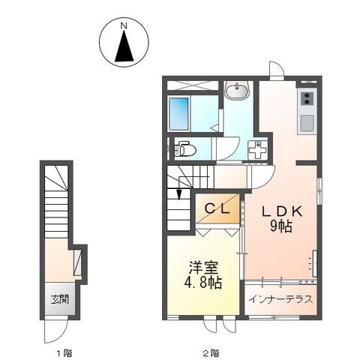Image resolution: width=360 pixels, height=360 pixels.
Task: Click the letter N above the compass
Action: (x=124, y=25)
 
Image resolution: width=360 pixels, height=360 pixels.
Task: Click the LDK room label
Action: (x=282, y=212)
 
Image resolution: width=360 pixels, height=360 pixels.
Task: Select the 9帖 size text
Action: (x=281, y=226)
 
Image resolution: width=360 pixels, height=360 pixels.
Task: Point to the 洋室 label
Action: (x=203, y=268)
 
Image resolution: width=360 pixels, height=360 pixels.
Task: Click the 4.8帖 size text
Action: (x=203, y=283)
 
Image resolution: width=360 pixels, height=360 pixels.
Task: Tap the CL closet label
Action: (x=217, y=209)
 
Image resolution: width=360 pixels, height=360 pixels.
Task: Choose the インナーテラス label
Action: (x=281, y=299)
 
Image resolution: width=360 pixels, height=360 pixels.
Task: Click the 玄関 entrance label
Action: (x=60, y=299)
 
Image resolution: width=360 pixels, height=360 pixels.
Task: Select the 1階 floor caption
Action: (x=64, y=353)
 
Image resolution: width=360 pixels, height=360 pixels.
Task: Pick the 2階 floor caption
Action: (x=211, y=353)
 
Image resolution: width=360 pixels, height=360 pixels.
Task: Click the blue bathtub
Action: (x=179, y=114)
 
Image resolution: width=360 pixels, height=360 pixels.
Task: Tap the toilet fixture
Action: (x=184, y=149)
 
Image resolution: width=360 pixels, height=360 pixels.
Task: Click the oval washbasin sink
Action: (x=236, y=91)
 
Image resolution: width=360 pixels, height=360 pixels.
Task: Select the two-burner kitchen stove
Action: (x=307, y=98)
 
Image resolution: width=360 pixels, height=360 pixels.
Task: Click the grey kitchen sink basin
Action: (x=307, y=123)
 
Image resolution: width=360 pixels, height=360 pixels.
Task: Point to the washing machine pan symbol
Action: (x=257, y=149)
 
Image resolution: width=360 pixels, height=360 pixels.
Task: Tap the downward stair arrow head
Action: (x=179, y=195)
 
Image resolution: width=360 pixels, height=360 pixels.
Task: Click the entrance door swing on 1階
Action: (x=56, y=331)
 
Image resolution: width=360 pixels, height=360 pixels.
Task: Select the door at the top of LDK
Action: (x=277, y=70)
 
